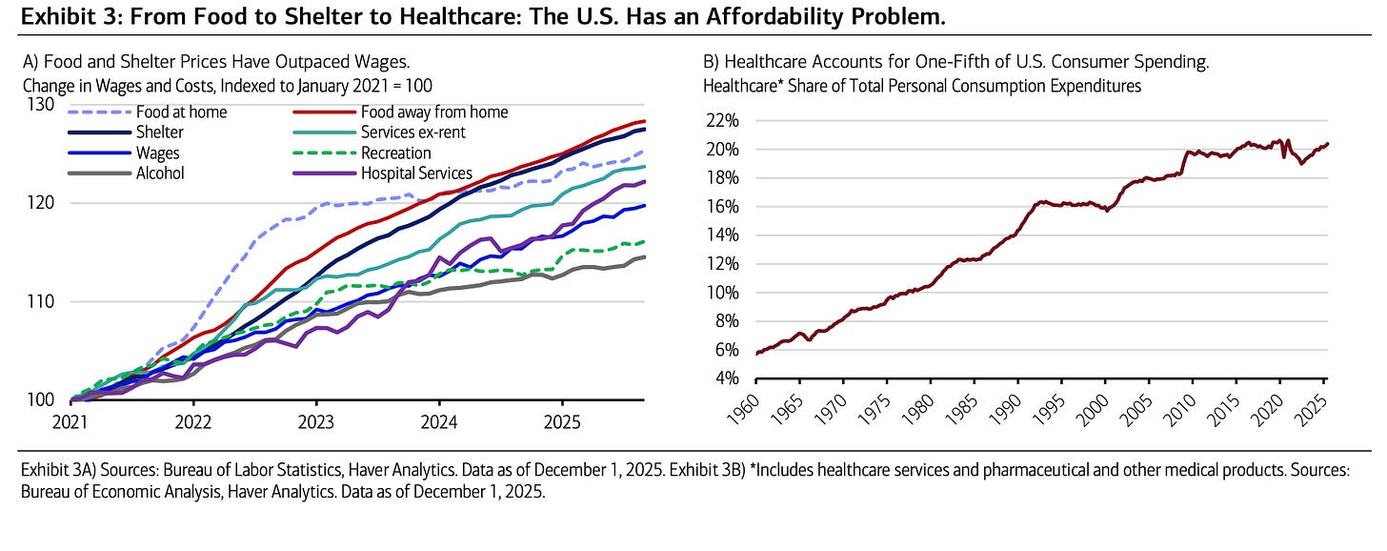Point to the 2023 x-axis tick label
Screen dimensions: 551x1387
pyautogui.click(x=315, y=421)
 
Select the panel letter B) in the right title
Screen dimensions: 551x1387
pyautogui.click(x=711, y=62)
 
